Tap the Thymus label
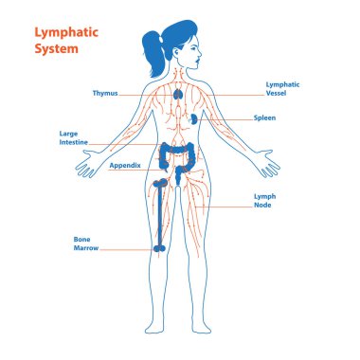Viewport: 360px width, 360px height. pyautogui.click(x=105, y=94)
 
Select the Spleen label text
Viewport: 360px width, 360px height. pyautogui.click(x=264, y=118)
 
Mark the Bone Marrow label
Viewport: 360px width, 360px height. pyautogui.click(x=86, y=243)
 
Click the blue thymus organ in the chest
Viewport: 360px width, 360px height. pyautogui.click(x=179, y=96)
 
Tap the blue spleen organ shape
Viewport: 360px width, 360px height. pyautogui.click(x=193, y=118)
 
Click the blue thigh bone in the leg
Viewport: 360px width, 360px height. pyautogui.click(x=161, y=213)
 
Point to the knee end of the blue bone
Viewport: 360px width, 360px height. pyautogui.click(x=161, y=245)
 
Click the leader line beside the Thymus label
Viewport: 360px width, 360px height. pyautogui.click(x=142, y=94)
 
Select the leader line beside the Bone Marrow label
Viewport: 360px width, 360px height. pyautogui.click(x=128, y=248)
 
